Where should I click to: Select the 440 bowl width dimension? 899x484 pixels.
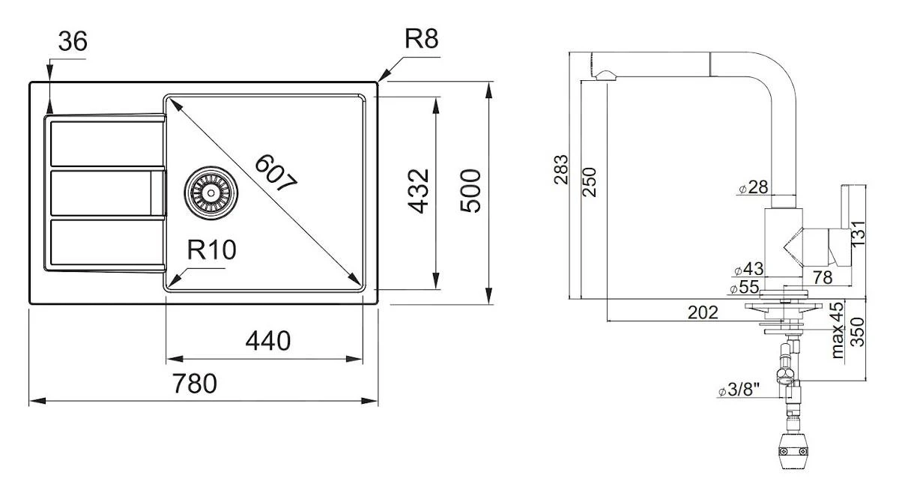(x=267, y=342)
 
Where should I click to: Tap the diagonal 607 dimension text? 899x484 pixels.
(x=276, y=174)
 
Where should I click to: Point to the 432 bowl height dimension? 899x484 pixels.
(x=420, y=191)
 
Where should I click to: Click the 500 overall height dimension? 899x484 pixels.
(x=470, y=191)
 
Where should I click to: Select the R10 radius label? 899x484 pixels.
(x=211, y=251)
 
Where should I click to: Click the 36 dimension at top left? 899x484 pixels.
(x=72, y=42)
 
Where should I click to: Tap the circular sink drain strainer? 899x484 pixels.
(x=211, y=193)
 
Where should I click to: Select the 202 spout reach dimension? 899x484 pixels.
(x=702, y=313)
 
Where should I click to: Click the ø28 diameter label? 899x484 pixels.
(x=753, y=187)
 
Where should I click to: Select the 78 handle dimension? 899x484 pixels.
(x=822, y=277)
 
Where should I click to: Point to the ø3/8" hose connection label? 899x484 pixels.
(x=739, y=390)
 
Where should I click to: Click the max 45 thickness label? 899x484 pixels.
(x=837, y=330)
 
